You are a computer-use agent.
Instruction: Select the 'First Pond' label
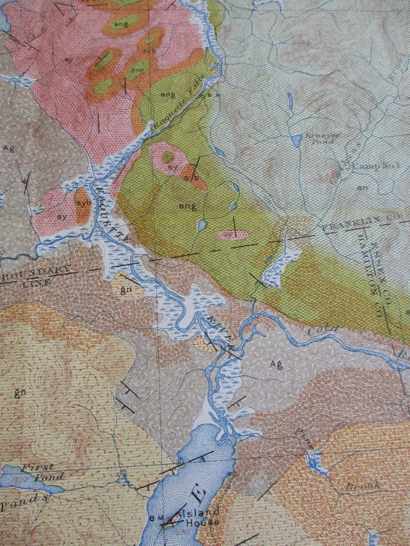(x=37, y=471)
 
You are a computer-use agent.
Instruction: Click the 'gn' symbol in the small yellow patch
(x=124, y=290)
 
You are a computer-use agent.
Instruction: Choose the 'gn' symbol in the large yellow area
(x=20, y=391)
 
